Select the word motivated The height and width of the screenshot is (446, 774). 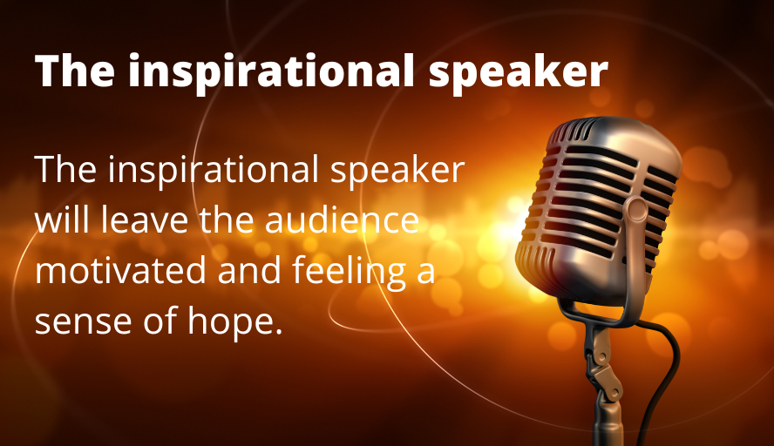pos(121,271)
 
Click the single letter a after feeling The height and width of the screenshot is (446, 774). pos(424,273)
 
